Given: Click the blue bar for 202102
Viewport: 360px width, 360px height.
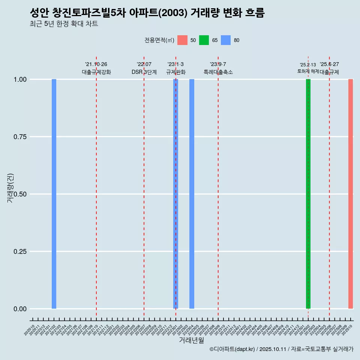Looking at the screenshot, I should pos(54,194).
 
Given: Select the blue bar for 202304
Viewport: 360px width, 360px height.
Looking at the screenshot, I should pos(192,194).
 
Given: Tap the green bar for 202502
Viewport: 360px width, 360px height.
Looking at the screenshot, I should pos(308,194).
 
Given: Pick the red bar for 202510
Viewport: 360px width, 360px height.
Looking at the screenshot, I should pos(351,194).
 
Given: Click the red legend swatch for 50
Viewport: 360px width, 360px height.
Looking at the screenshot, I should pos(182,40).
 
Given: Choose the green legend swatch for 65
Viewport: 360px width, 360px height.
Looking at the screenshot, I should pos(204,40).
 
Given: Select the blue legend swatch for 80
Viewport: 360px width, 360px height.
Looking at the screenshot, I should pos(226,40).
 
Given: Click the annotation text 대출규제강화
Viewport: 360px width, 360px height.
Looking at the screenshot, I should pos(96,72).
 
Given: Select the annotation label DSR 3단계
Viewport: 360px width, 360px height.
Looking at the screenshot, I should pos(144,72).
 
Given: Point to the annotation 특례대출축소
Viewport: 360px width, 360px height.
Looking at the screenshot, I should pos(218,72).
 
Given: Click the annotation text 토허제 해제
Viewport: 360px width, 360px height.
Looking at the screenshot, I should pos(308,71).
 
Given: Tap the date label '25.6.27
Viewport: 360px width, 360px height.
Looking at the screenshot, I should pos(329,64).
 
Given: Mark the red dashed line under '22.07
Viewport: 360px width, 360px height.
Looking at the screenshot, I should pos(144,187).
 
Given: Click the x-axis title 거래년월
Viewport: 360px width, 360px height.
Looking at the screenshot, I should pos(191,340).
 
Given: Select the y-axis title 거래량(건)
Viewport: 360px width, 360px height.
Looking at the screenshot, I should pos(10,188).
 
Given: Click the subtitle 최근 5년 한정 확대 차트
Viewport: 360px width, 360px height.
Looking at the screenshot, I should pos(64,24).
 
